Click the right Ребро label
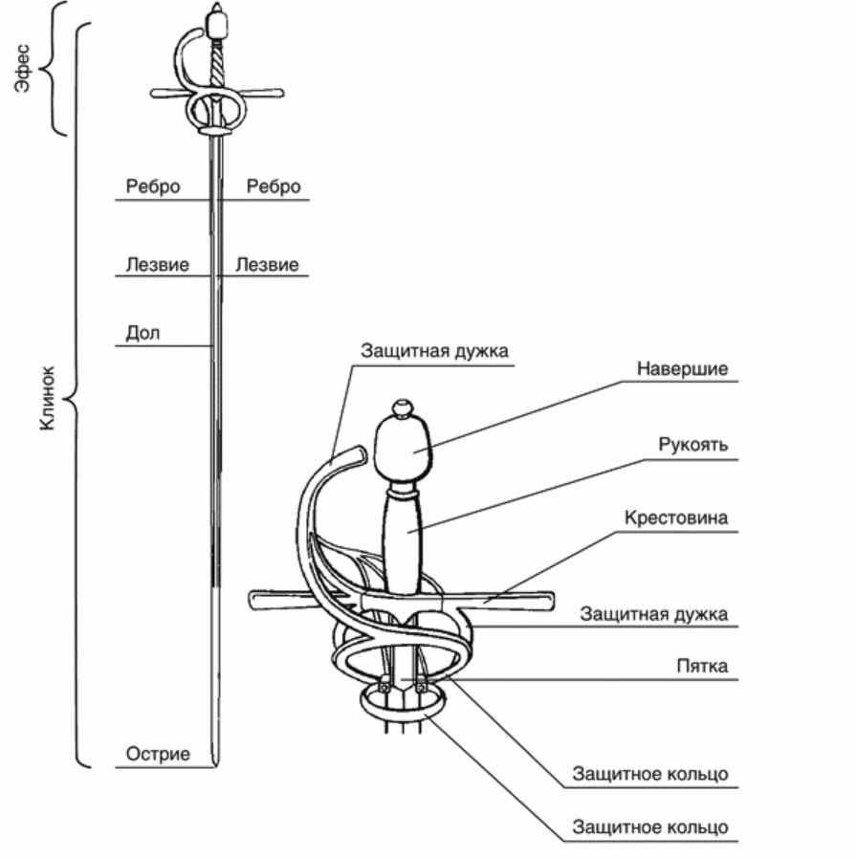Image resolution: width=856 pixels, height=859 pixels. pyautogui.click(x=273, y=187)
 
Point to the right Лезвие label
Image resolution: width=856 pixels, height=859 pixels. pyautogui.click(x=267, y=264)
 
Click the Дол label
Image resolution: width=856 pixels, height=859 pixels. pyautogui.click(x=143, y=333)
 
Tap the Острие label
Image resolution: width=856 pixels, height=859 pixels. pyautogui.click(x=158, y=754)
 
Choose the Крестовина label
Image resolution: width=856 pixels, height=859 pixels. pyautogui.click(x=677, y=518)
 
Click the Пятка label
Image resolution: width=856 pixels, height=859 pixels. pyautogui.click(x=702, y=667)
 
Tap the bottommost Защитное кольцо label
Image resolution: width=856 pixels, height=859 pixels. pyautogui.click(x=650, y=826)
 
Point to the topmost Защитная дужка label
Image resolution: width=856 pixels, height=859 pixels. pyautogui.click(x=434, y=351)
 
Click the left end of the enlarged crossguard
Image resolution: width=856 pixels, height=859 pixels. pyautogui.click(x=256, y=601)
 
